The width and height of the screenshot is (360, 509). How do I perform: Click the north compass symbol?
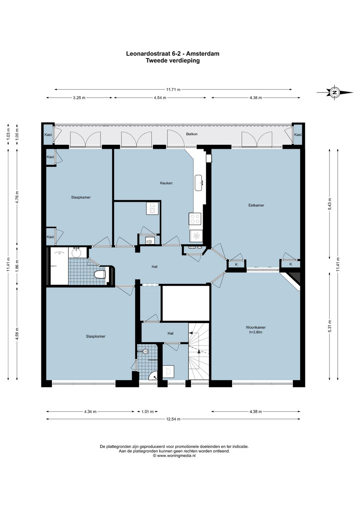tap(335, 92)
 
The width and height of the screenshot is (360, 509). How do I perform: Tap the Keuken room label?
tap(166, 183)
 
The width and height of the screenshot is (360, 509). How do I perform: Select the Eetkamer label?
tap(256, 205)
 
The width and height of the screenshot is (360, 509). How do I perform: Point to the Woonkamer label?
tap(256, 328)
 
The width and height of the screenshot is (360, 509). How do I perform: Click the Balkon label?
tap(192, 134)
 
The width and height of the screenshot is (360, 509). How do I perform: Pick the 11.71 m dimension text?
tap(173, 89)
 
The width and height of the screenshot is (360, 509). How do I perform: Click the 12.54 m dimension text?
tap(173, 419)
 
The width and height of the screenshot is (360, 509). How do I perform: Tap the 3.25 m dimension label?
tap(79, 98)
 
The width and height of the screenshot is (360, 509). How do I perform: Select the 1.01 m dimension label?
tap(148, 412)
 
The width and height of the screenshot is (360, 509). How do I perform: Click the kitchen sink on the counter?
tap(198, 183)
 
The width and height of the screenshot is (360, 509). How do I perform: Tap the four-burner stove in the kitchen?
tap(195, 219)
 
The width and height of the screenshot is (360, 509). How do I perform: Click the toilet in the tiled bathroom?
tap(100, 275)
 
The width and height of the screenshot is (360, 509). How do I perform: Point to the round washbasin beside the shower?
tap(77, 252)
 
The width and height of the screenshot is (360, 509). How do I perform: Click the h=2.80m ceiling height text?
tap(256, 332)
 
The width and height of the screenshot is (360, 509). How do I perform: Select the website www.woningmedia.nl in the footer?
tap(176, 462)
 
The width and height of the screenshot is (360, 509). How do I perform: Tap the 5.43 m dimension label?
tap(330, 204)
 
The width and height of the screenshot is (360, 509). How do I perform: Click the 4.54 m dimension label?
tap(160, 98)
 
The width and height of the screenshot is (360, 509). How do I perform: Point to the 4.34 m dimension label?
tap(90, 412)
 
